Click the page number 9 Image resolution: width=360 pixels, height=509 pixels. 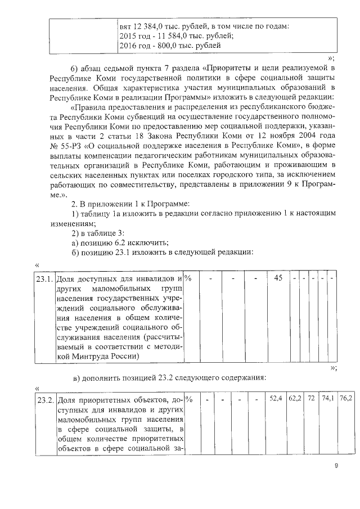[336, 466]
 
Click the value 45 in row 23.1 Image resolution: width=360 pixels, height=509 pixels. [278, 278]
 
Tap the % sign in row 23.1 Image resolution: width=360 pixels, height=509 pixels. [188, 278]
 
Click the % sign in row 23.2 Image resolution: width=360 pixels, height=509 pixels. [188, 399]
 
